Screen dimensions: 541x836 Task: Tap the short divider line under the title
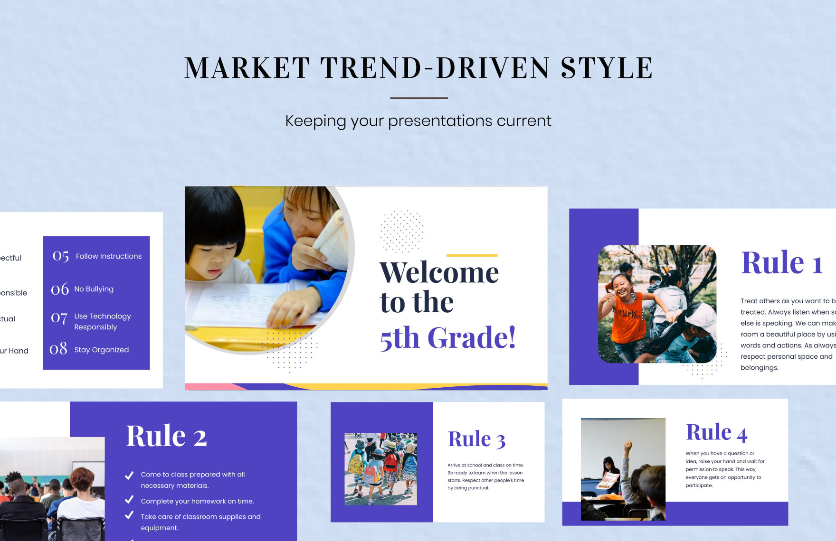click(418, 98)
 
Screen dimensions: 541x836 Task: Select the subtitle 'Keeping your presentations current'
click(418, 121)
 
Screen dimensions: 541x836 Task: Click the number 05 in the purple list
click(61, 256)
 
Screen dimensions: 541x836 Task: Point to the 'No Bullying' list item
click(94, 289)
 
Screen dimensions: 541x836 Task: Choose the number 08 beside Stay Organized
click(58, 349)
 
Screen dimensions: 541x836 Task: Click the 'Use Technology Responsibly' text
click(102, 321)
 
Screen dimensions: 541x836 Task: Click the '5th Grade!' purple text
click(447, 338)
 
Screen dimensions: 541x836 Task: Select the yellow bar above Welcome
click(472, 255)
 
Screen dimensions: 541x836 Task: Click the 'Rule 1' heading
click(781, 263)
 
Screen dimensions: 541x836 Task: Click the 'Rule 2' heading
click(166, 436)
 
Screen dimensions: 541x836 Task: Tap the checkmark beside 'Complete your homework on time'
click(129, 500)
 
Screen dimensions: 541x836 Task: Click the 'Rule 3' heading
click(476, 439)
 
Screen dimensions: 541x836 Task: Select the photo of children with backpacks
click(380, 468)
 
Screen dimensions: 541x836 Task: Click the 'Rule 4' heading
click(716, 433)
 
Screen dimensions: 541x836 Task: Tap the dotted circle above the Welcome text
click(401, 231)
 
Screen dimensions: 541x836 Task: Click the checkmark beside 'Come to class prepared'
click(129, 475)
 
